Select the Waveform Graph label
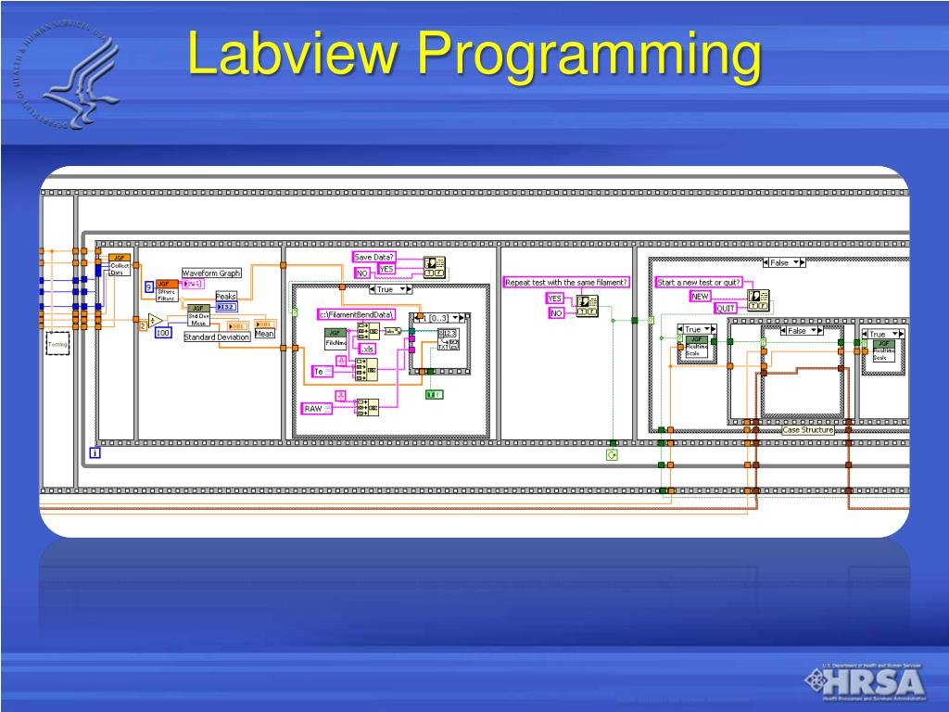pyautogui.click(x=210, y=273)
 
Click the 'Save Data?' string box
pyautogui.click(x=374, y=257)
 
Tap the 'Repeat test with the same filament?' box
pyautogui.click(x=565, y=282)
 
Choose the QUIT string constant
pyautogui.click(x=726, y=308)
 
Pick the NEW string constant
pyautogui.click(x=700, y=297)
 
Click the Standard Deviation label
pyautogui.click(x=216, y=337)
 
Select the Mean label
pyautogui.click(x=264, y=334)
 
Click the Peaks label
pyautogui.click(x=226, y=297)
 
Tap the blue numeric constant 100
pyautogui.click(x=163, y=333)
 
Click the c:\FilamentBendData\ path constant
pyautogui.click(x=357, y=314)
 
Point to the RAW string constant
pyautogui.click(x=314, y=408)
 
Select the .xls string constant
pyautogui.click(x=367, y=349)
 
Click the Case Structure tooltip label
pyautogui.click(x=808, y=430)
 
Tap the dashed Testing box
pyautogui.click(x=58, y=344)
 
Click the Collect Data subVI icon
pyautogui.click(x=118, y=264)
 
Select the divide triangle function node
pyautogui.click(x=156, y=321)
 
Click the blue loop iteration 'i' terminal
pyautogui.click(x=95, y=452)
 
